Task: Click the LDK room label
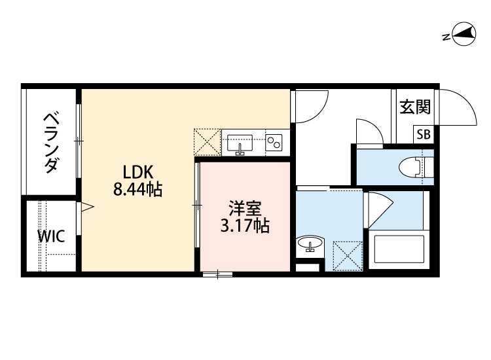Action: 138,172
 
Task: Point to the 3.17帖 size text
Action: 245,226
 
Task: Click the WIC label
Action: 50,236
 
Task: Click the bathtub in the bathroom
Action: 399,249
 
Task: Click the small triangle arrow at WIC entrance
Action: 87,208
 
